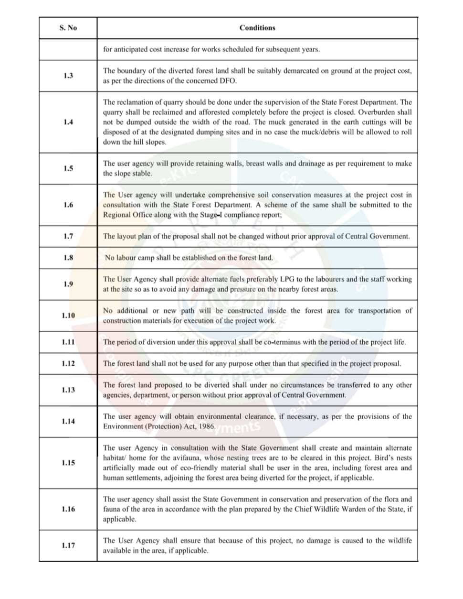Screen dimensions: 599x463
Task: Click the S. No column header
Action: [68, 28]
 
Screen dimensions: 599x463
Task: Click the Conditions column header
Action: [257, 28]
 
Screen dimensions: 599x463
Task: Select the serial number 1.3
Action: [68, 76]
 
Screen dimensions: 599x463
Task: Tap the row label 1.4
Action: [68, 122]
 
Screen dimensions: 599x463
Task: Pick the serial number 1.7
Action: [68, 236]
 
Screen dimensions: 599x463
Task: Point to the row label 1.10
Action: [68, 316]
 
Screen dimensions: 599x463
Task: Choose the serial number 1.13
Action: [68, 390]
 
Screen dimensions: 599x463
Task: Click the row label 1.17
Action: [68, 545]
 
